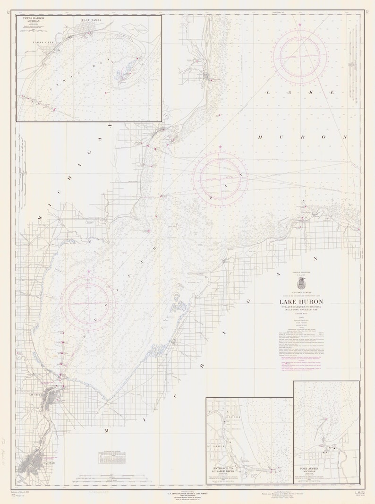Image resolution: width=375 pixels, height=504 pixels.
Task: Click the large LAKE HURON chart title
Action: pos(301,303)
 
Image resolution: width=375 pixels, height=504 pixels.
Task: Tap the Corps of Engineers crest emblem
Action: pos(301,283)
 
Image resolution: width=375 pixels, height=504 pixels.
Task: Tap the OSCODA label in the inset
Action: pos(235,417)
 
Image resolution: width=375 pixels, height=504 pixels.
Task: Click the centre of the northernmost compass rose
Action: pos(300,56)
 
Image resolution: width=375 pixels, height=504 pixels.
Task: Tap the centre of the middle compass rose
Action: pos(220,179)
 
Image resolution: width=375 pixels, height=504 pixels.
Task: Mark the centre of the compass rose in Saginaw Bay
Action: pos(89,302)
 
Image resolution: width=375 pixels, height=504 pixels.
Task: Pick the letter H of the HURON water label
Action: pos(260,137)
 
